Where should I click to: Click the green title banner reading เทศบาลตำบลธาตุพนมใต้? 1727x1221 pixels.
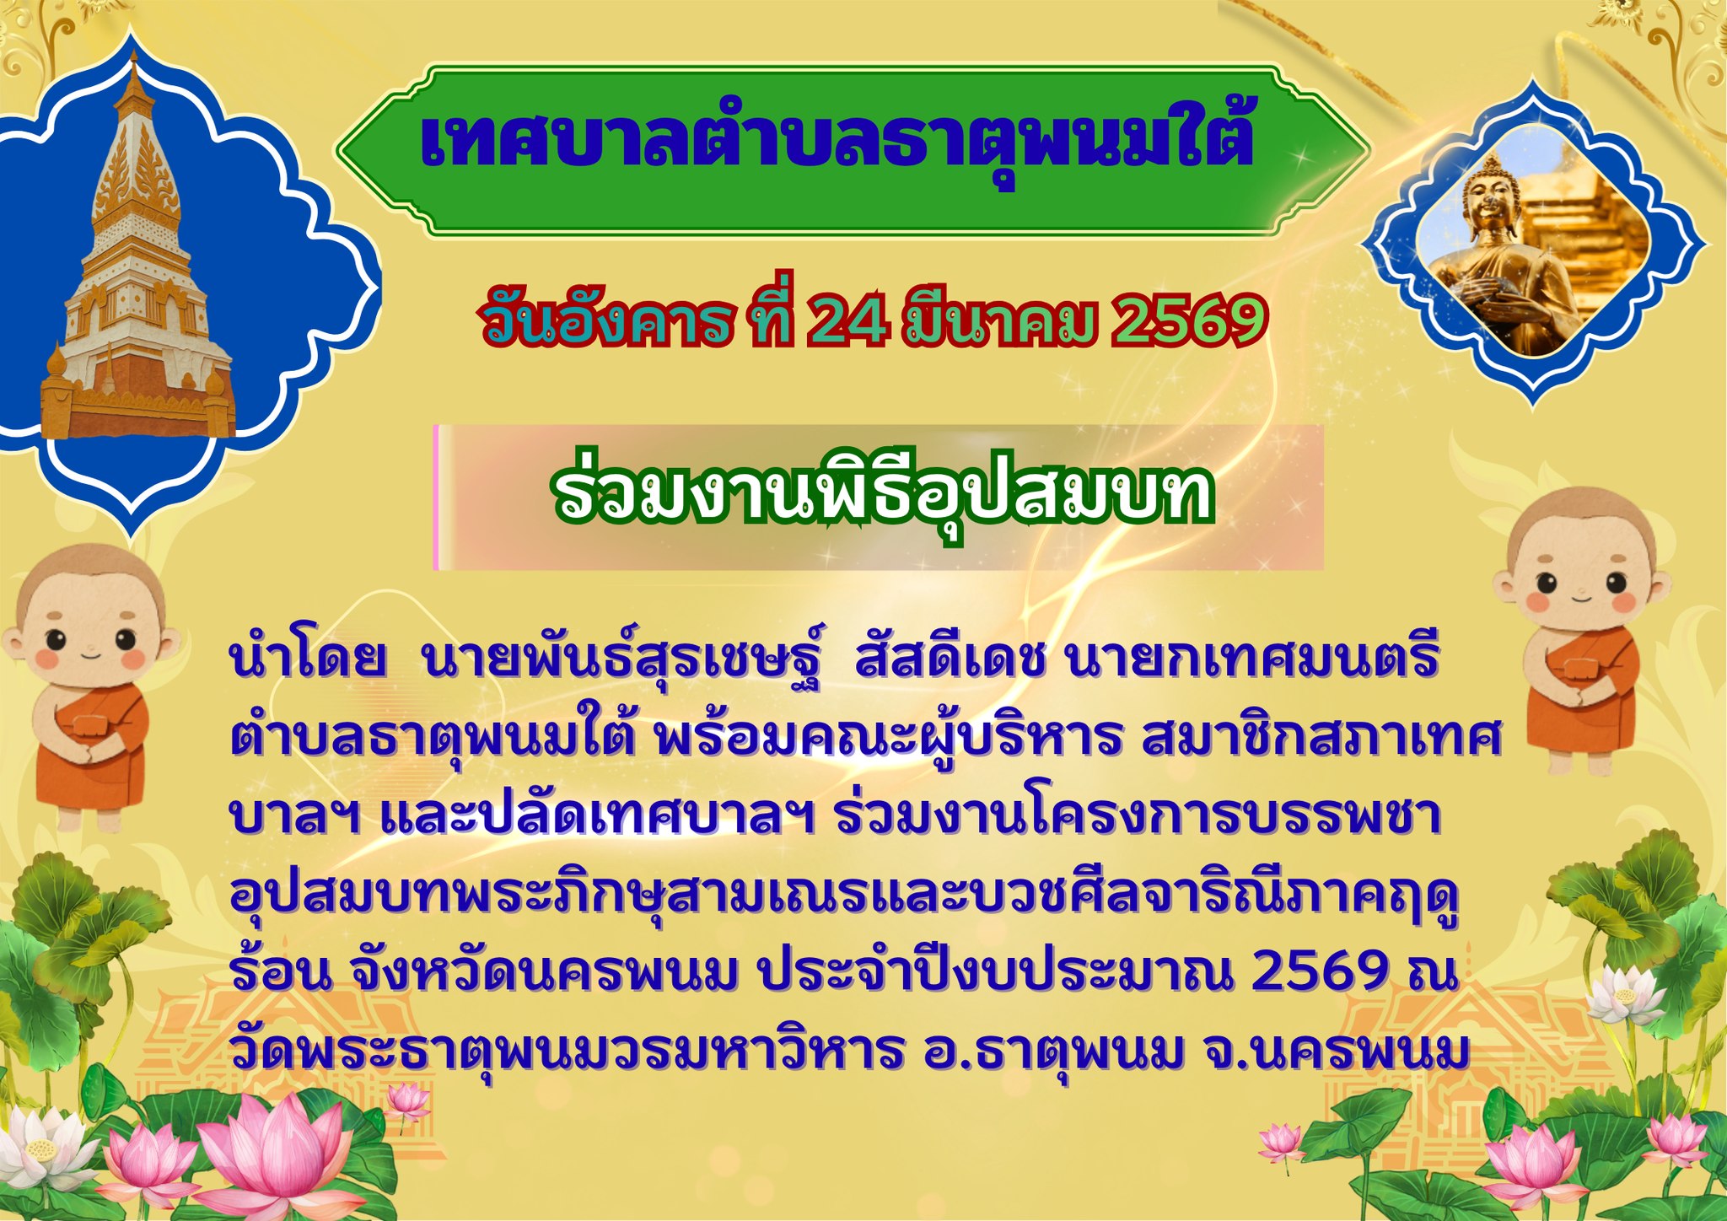point(852,150)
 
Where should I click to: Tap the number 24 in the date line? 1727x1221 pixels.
point(838,321)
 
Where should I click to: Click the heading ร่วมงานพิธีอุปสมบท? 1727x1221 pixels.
point(884,496)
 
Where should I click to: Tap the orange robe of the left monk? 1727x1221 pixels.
point(101,742)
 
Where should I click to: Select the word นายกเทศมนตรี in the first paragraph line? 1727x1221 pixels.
point(1251,659)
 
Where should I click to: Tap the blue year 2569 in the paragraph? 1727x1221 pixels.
point(1320,971)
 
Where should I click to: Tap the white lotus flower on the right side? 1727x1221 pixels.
point(1623,995)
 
